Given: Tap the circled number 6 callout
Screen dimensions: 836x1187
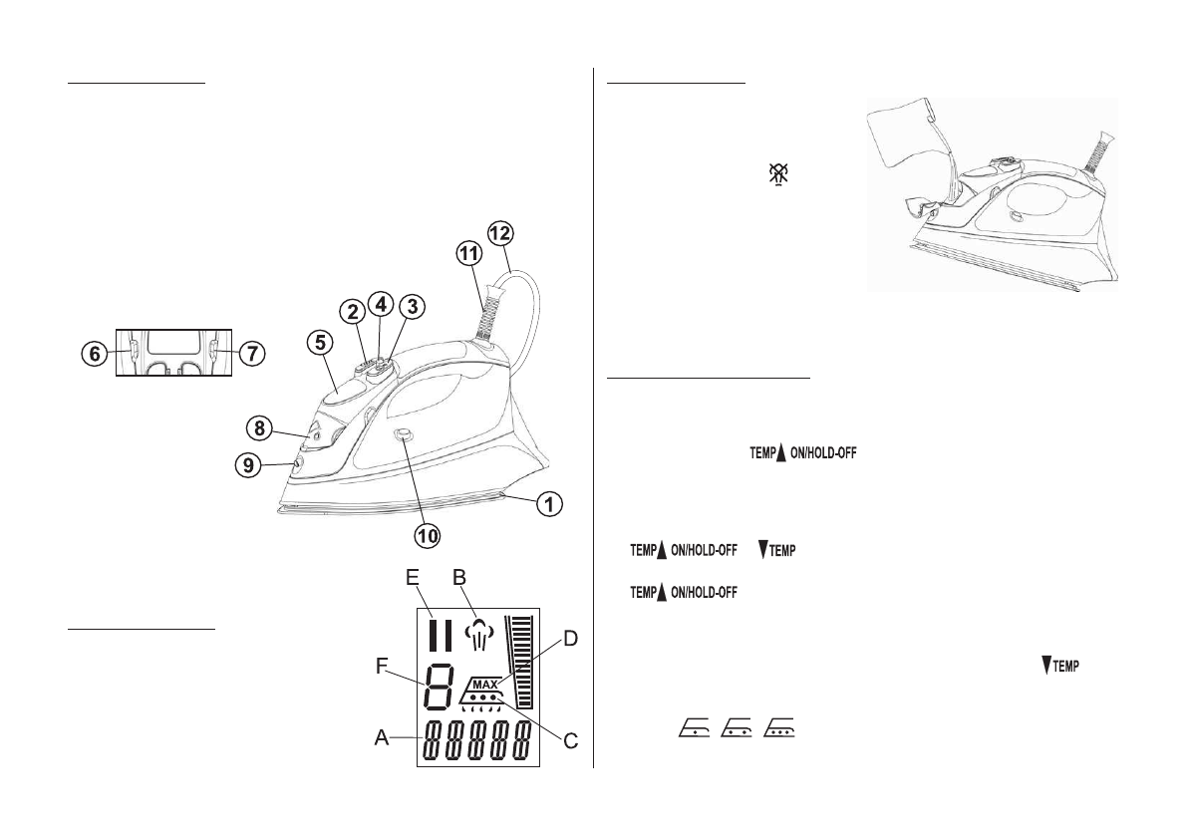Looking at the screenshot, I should (94, 354).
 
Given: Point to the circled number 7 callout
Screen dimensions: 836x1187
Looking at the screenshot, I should (253, 354).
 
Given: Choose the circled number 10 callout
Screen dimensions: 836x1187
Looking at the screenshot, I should (428, 535).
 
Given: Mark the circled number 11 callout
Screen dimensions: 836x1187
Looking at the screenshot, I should (467, 255).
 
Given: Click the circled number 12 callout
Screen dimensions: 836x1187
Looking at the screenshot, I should (499, 233).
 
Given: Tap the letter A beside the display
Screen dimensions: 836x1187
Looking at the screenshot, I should (381, 738).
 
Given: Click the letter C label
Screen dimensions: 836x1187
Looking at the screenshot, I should (571, 740).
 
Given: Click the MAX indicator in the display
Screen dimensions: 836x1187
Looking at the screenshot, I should (484, 685).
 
